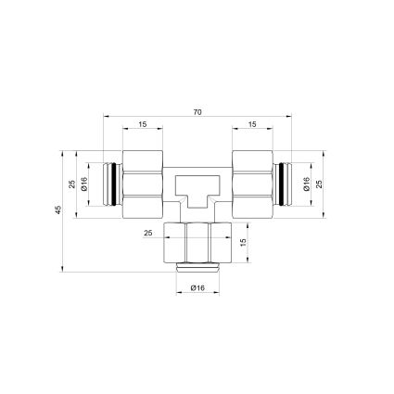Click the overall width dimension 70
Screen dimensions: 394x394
(x=197, y=112)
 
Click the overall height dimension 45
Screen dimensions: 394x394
(x=58, y=210)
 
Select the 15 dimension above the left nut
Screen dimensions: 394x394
(x=143, y=124)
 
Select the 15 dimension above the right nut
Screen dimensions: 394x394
(x=252, y=124)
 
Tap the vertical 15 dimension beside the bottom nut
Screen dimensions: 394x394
(x=243, y=242)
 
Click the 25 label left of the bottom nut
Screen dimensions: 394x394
(x=148, y=233)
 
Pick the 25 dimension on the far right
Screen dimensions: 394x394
(x=320, y=184)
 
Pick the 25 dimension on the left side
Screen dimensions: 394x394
(x=72, y=184)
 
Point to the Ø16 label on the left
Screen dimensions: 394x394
(x=84, y=184)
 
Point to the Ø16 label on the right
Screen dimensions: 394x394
(x=306, y=184)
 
